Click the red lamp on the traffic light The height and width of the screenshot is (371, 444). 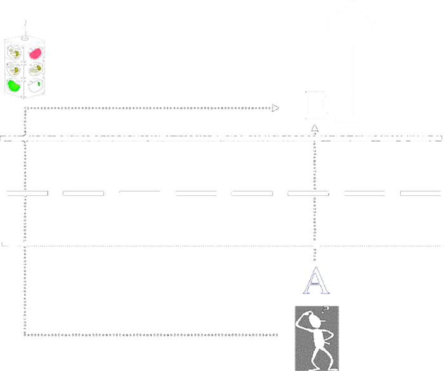pos(36,53)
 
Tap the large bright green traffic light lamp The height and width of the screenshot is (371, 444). pos(13,84)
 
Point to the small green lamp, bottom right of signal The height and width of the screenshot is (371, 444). pos(39,82)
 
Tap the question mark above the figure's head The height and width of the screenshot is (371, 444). pos(325,309)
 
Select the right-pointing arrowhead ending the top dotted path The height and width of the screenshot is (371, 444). pos(275,108)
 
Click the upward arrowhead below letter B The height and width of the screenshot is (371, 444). pos(314,129)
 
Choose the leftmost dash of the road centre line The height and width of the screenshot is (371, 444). pos(27,193)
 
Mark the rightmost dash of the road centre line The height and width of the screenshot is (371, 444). pos(421,193)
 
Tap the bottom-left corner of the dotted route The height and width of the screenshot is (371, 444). pos(26,332)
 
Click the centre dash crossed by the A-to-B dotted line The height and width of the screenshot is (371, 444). pos(308,193)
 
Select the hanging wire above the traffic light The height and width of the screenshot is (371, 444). pos(25,29)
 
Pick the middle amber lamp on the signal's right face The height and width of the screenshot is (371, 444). pos(38,68)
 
